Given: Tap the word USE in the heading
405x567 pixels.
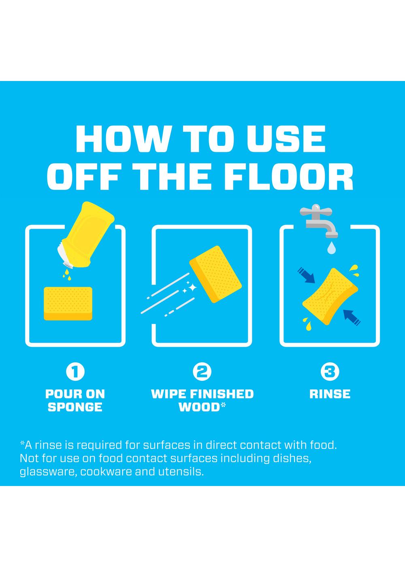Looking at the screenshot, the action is (286, 139).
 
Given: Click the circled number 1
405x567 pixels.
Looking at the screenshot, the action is (75, 372).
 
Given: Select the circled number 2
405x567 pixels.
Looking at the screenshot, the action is (202, 372).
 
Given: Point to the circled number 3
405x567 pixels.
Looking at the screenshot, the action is (330, 372).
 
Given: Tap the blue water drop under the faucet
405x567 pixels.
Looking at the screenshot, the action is (330, 247).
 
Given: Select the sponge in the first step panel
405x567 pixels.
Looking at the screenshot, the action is (68, 303).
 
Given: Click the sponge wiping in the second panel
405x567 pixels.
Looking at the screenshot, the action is (215, 274).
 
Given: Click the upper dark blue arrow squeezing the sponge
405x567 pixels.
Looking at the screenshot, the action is (307, 275).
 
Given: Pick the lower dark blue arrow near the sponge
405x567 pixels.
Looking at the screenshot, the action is (352, 318).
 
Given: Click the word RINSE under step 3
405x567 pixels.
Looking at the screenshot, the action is (330, 394).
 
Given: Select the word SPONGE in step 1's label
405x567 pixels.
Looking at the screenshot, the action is (75, 407).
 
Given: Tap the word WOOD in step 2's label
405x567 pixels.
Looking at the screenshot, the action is (199, 407).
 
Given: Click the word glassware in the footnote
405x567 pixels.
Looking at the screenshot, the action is (48, 472).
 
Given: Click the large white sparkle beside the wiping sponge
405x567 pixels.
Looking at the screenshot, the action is (192, 287).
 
